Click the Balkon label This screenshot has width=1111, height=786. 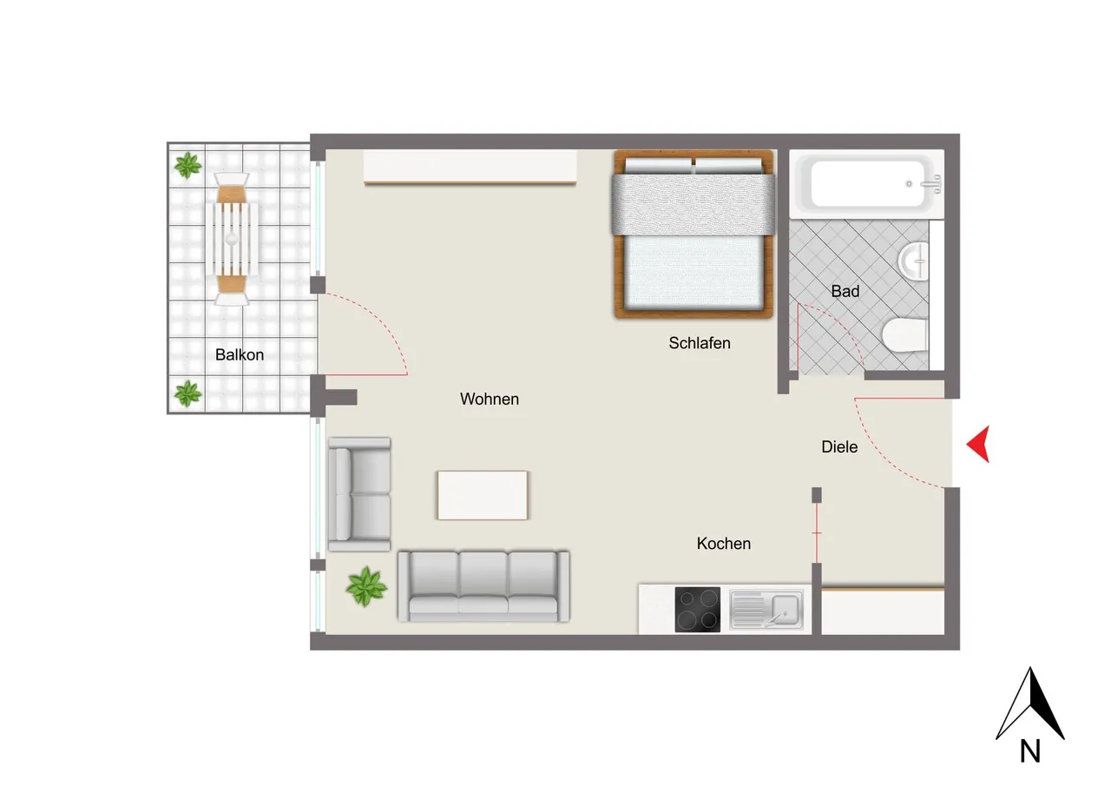pos(239,355)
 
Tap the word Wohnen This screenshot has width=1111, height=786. pos(489,399)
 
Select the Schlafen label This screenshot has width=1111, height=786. pos(700,343)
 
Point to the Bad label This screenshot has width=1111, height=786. pos(845,291)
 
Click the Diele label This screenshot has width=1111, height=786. pos(839,446)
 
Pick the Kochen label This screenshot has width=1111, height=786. pos(724,544)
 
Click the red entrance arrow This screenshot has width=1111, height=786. pos(978,444)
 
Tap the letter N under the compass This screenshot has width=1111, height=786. pos(1030,751)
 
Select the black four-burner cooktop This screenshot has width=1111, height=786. pos(697,610)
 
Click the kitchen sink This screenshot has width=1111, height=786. pos(766,610)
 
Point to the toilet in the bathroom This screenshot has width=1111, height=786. pos(904,335)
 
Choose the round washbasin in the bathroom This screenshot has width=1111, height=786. pos(913,261)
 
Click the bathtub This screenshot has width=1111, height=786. pos(867,183)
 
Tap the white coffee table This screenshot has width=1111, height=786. pos(482,495)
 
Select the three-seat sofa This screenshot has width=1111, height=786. pos(483,586)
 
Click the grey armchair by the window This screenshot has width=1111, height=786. pos(359,494)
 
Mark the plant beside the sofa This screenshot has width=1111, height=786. pos(366,586)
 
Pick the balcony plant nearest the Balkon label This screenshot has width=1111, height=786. pos(188,393)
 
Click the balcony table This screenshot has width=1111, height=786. pos(232,239)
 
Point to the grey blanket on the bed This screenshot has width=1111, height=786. pos(694,204)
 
